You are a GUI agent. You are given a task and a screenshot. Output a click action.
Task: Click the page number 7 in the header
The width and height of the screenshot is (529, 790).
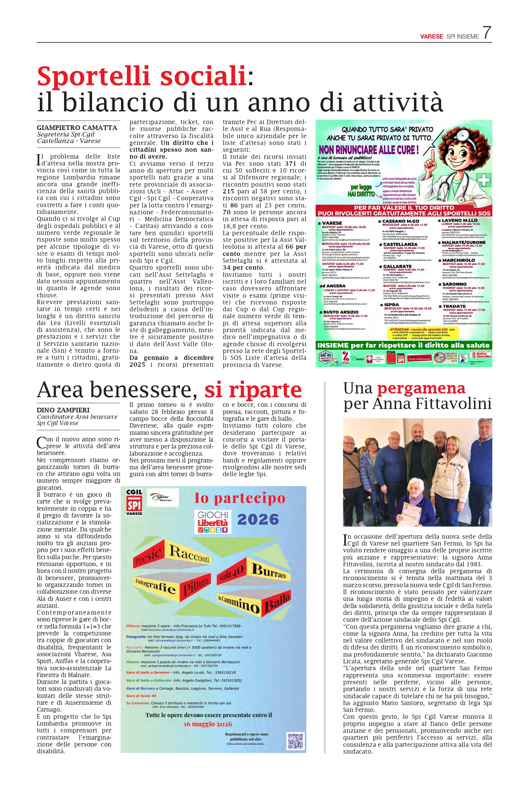pyautogui.click(x=486, y=33)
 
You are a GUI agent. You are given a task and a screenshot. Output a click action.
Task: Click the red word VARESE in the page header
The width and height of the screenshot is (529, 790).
pyautogui.click(x=431, y=36)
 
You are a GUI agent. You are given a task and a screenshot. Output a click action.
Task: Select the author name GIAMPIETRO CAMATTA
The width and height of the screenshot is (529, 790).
pyautogui.click(x=77, y=128)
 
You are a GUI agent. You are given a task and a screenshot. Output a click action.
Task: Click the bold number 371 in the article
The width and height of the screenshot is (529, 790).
pyautogui.click(x=290, y=164)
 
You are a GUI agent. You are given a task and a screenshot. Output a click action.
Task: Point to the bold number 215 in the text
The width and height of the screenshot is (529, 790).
pyautogui.click(x=228, y=191)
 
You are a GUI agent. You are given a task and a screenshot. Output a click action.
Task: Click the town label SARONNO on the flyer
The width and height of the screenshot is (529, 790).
pyautogui.click(x=454, y=284)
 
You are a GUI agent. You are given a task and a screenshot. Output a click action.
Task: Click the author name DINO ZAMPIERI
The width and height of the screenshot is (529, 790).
pyautogui.click(x=63, y=410)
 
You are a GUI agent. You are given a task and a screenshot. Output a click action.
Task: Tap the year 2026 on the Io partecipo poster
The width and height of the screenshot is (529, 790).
pyautogui.click(x=258, y=519)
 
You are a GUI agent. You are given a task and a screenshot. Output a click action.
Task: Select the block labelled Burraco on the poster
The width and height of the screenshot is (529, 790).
pyautogui.click(x=269, y=571)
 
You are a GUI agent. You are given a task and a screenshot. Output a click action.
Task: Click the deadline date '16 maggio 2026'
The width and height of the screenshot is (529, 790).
pyautogui.click(x=208, y=724)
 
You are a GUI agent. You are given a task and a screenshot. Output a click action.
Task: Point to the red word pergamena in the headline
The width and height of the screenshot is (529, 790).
pyautogui.click(x=421, y=388)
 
